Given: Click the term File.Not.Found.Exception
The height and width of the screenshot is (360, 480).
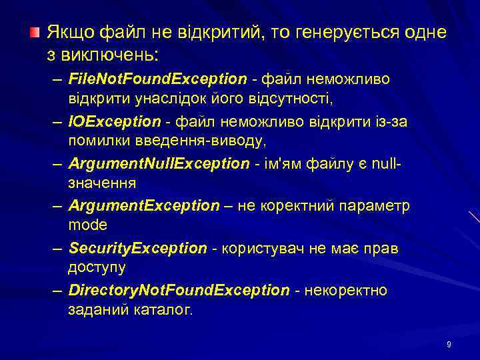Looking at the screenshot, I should tap(157, 79).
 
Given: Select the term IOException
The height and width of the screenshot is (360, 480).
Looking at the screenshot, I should tap(115, 121).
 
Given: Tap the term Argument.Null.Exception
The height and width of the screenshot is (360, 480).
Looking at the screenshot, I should tap(159, 164).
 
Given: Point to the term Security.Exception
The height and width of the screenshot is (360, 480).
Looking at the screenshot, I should tap(138, 248).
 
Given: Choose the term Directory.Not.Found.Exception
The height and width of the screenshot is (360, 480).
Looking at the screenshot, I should tap(179, 291).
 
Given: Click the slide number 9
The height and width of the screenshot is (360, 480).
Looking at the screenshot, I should tap(449, 345).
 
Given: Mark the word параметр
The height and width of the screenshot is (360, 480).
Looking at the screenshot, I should tap(376, 206).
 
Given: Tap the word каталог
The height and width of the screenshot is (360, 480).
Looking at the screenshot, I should tap(160, 309).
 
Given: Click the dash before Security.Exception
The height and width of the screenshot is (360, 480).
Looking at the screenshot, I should tap(59, 248).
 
